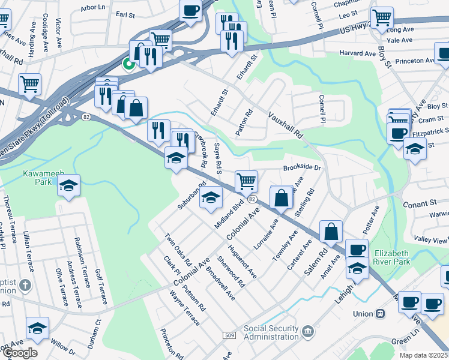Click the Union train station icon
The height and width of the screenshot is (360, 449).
coord(380,314)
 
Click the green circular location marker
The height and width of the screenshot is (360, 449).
coord(128,63)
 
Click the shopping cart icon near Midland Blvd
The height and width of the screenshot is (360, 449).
coord(246,180)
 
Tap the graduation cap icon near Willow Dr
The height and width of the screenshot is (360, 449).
coord(37,328)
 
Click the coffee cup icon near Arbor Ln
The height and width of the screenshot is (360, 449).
coord(190,10)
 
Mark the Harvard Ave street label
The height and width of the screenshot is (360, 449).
coord(357,53)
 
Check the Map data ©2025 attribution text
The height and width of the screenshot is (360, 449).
coord(424,355)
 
